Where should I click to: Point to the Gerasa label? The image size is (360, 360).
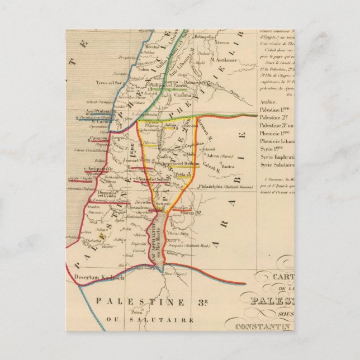tap(190, 126)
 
